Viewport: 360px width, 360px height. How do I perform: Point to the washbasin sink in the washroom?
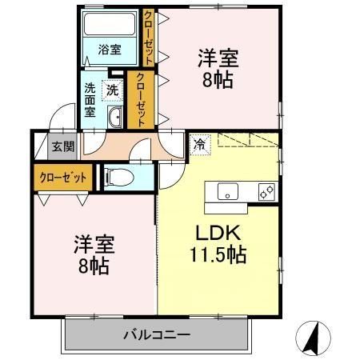tap(114, 118)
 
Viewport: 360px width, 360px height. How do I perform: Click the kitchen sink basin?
tap(226, 192)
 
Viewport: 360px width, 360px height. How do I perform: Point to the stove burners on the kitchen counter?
tap(266, 192)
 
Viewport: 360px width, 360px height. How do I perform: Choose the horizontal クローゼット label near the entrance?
tap(62, 176)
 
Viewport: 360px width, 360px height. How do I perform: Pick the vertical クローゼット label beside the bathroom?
tap(148, 37)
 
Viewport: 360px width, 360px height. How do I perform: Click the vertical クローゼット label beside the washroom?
tap(141, 100)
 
